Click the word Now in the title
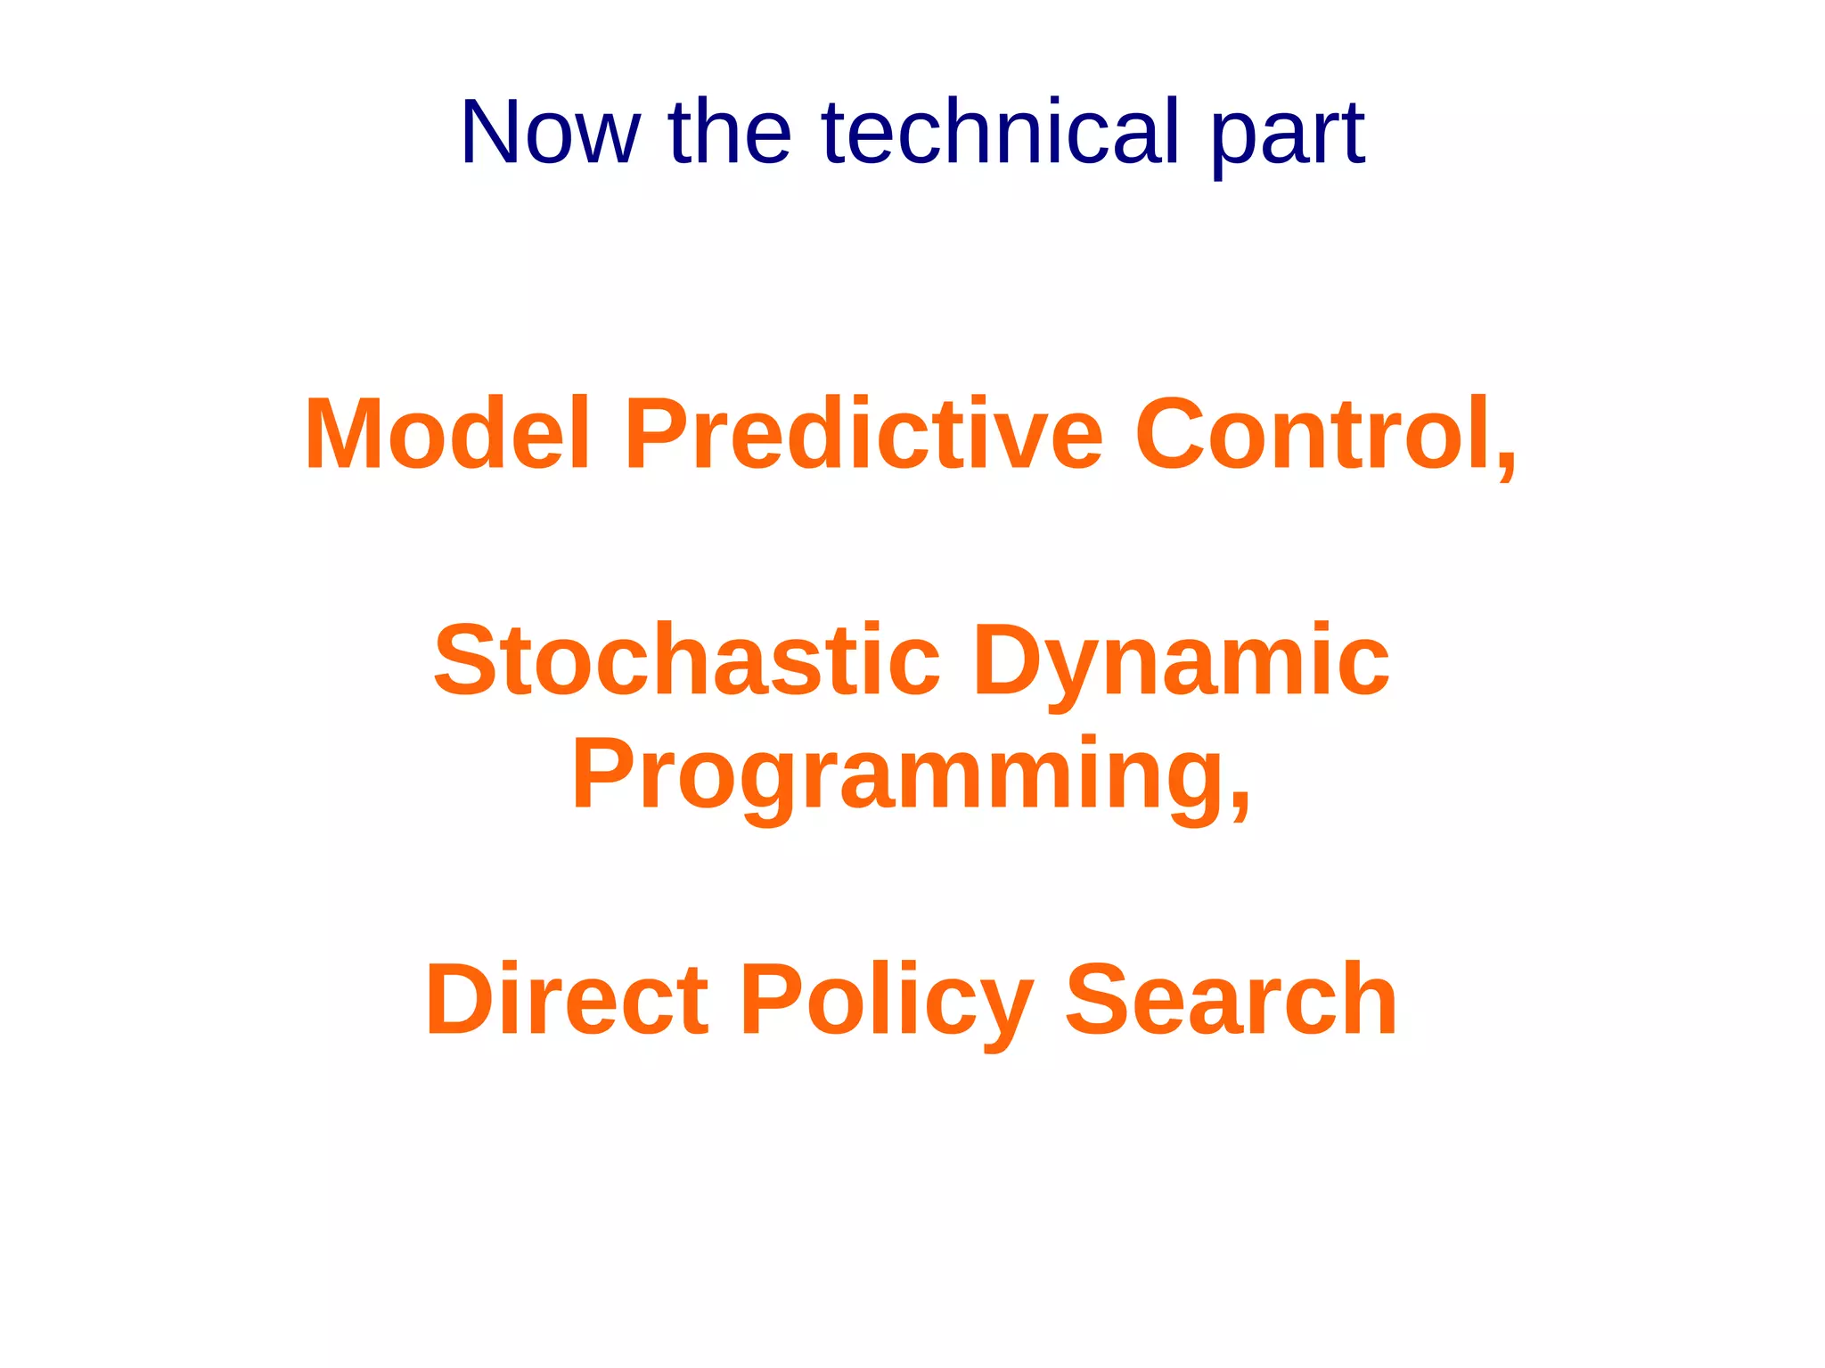pos(550,134)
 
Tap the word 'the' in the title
pos(729,134)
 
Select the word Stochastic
pos(687,660)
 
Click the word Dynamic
pos(1181,664)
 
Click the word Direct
pos(567,1000)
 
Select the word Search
pos(1231,1000)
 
